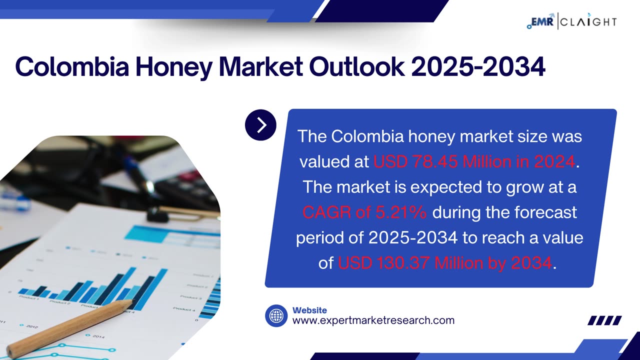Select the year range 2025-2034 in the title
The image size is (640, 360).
(x=478, y=66)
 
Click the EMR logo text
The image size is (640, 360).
(x=540, y=21)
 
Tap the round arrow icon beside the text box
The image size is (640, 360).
(x=260, y=125)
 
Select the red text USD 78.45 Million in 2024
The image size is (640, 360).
(x=474, y=161)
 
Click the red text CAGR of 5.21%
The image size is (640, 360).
(x=364, y=212)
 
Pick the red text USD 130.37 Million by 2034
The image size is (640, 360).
(x=445, y=263)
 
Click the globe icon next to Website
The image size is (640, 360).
(x=276, y=316)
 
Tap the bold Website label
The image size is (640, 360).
(x=309, y=310)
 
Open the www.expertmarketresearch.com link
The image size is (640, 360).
(x=373, y=321)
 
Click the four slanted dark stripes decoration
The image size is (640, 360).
(x=604, y=320)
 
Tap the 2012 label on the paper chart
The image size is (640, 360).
(x=31, y=327)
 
